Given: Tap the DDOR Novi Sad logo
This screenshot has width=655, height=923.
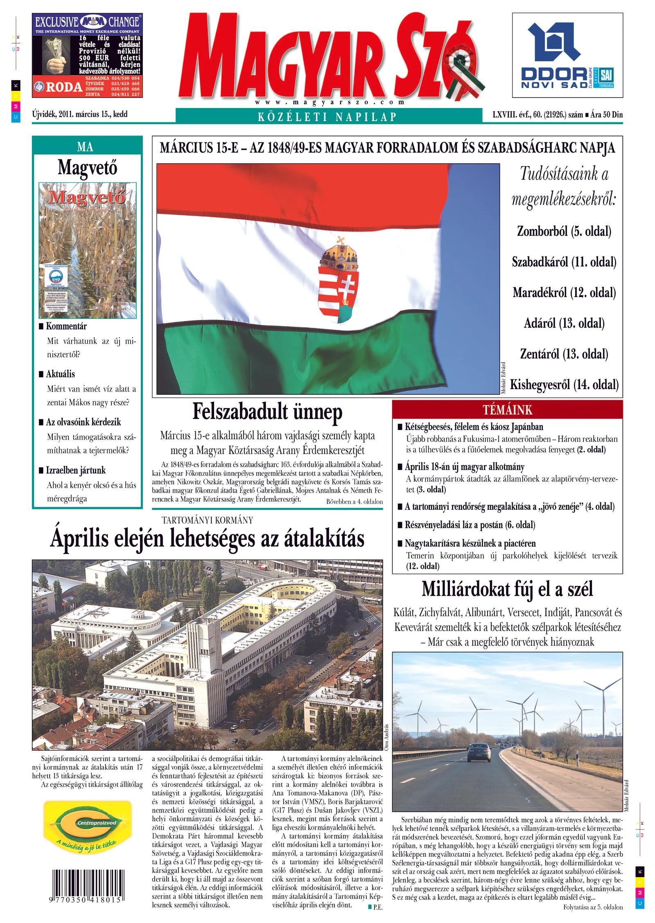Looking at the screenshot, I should pos(567,55).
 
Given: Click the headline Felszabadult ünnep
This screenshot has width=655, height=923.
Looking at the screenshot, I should pos(267,412).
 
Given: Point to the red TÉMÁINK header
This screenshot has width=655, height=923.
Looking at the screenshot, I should pos(507,410).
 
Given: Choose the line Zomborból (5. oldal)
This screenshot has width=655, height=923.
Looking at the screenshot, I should pos(564,231).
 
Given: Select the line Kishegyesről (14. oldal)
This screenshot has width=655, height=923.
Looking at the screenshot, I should pos(564,385).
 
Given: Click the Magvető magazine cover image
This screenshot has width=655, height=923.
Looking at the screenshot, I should pos(88,250).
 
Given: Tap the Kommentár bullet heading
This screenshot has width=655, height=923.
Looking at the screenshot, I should pos(66,326).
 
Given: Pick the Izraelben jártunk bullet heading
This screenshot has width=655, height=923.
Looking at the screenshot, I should pos(75,470).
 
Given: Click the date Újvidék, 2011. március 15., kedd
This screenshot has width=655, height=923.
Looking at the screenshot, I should pos(80,114).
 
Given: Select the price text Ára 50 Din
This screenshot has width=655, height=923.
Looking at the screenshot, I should pos(606,115).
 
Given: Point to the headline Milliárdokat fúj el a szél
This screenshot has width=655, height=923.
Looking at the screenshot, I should pos(507,589).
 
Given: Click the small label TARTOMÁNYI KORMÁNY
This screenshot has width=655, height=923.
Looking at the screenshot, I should pos(207,520).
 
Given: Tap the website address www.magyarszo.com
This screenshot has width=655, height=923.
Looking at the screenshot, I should pos(330,102).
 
